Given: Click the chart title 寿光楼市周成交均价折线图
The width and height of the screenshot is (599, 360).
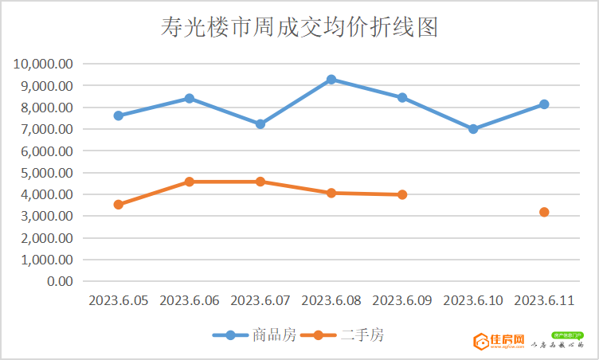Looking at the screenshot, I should pos(299,28).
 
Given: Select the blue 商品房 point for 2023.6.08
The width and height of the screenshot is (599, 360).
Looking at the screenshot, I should pos(331,80).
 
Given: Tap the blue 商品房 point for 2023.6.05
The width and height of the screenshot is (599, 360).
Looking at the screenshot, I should pos(119,115).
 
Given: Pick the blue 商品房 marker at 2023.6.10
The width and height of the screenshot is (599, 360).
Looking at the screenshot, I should pos(473,128).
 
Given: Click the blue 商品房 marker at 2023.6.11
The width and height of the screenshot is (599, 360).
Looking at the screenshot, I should pos(544,104).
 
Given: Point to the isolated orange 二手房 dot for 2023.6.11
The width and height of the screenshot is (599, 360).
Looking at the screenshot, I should pos(544,212).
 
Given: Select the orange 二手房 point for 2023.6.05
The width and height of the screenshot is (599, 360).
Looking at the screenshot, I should pos(119,205).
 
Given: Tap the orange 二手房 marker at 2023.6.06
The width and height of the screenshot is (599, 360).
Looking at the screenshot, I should pos(190,182).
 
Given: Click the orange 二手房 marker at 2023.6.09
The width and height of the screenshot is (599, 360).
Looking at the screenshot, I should pos(402,194).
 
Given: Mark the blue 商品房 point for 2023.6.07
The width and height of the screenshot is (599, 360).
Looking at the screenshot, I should pos(260,124).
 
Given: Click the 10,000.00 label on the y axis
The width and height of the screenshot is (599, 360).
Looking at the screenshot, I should pos(44,64).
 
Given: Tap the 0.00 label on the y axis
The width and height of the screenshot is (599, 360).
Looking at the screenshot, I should pos(61,281).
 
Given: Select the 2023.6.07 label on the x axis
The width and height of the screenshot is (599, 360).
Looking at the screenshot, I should pos(260,300).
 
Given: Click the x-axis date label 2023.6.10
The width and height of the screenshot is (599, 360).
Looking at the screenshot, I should pos(473,300).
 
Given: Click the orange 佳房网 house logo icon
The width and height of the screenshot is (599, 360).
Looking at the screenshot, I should pos(481,342).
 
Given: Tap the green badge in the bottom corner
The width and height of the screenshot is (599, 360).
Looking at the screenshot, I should pos(567,335).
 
